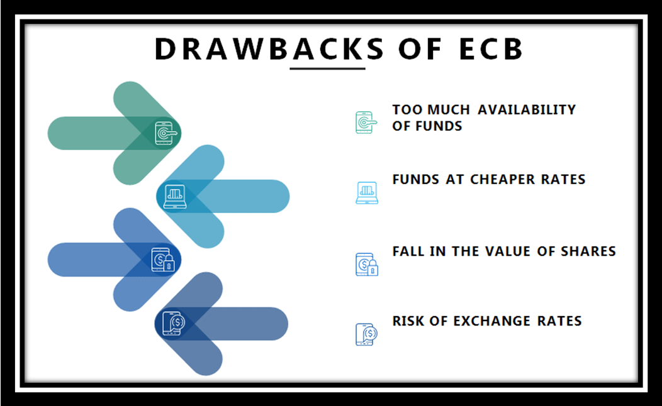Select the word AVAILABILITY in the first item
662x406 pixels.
(x=527, y=110)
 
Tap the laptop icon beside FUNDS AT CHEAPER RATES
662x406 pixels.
(x=367, y=192)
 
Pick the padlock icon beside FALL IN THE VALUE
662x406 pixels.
(x=367, y=264)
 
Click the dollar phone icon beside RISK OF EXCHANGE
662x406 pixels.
(x=366, y=334)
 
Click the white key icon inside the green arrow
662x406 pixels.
(x=165, y=133)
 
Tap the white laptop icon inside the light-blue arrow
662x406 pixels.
(x=174, y=196)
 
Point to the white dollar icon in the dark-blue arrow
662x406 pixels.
(x=174, y=323)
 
